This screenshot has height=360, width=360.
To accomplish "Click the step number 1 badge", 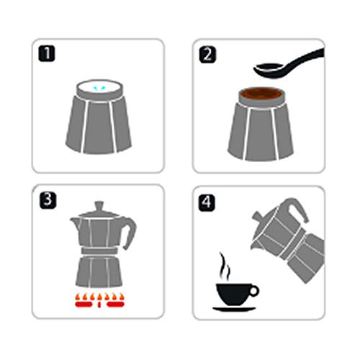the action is pyautogui.click(x=47, y=54).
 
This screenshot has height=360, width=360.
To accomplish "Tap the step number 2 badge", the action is pyautogui.click(x=207, y=55).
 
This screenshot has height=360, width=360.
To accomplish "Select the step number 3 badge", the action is pyautogui.click(x=48, y=200).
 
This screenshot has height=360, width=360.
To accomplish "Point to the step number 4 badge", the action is pyautogui.click(x=207, y=203).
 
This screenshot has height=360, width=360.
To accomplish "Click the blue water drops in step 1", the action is pyautogui.click(x=100, y=89).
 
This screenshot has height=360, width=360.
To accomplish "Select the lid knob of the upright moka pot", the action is pyautogui.click(x=99, y=207).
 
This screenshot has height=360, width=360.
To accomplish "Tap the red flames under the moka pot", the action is pyautogui.click(x=100, y=300).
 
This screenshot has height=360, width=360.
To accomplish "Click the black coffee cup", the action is pyautogui.click(x=234, y=294).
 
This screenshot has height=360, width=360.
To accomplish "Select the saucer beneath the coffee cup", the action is pyautogui.click(x=234, y=309).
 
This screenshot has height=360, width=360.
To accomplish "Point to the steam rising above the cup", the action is pyautogui.click(x=225, y=266).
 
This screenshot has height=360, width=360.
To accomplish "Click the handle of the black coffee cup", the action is pyautogui.click(x=254, y=291).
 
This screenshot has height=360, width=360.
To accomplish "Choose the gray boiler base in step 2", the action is pyautogui.click(x=261, y=132).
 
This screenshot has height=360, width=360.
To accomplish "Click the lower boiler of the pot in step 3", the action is pyautogui.click(x=99, y=271).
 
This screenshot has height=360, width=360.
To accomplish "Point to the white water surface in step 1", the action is pyautogui.click(x=100, y=87).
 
